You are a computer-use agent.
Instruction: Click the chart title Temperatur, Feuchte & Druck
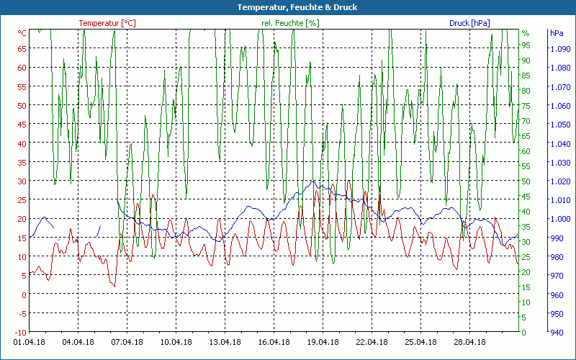click(x=287, y=7)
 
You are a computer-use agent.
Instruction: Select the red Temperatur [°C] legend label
click(x=107, y=23)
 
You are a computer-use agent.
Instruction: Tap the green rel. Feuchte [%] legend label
click(x=290, y=23)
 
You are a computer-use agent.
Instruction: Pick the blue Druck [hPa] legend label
click(x=469, y=23)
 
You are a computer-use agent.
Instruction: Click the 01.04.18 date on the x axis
click(x=30, y=342)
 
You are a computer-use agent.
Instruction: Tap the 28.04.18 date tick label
click(x=469, y=342)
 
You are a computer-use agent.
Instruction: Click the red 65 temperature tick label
click(x=22, y=49)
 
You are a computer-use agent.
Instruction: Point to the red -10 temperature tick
click(x=20, y=332)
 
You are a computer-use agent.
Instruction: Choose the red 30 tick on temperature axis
click(x=22, y=181)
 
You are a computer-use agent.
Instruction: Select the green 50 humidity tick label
click(x=526, y=181)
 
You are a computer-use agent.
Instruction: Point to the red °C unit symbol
click(x=22, y=33)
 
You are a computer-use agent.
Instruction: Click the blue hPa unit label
click(x=557, y=33)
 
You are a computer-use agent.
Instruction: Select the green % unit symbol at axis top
click(x=526, y=33)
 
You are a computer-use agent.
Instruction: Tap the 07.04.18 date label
click(x=127, y=342)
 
